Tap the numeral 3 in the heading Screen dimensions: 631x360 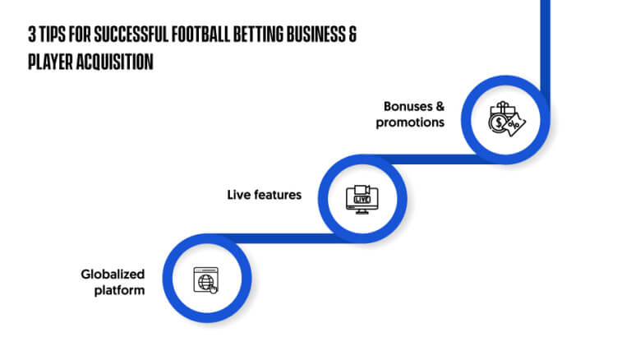32,35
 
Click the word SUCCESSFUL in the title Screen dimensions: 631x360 131,35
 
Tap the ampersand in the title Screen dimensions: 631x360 352,35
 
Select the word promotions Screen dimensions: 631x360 410,122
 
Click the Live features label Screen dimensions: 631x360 264,195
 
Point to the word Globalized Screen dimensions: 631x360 113,275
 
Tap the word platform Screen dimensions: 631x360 119,290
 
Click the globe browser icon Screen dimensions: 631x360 205,280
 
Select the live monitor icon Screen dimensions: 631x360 362,200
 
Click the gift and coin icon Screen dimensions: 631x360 507,119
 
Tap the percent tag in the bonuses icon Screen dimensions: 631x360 514,125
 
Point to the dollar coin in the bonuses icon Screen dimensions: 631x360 498,122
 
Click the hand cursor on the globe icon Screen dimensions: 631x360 213,288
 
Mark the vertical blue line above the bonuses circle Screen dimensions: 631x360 545,48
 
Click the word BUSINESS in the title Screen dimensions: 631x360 315,35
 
